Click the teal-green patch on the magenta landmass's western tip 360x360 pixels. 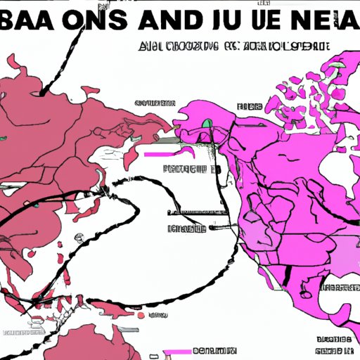207,124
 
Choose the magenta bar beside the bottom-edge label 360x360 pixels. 173,351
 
